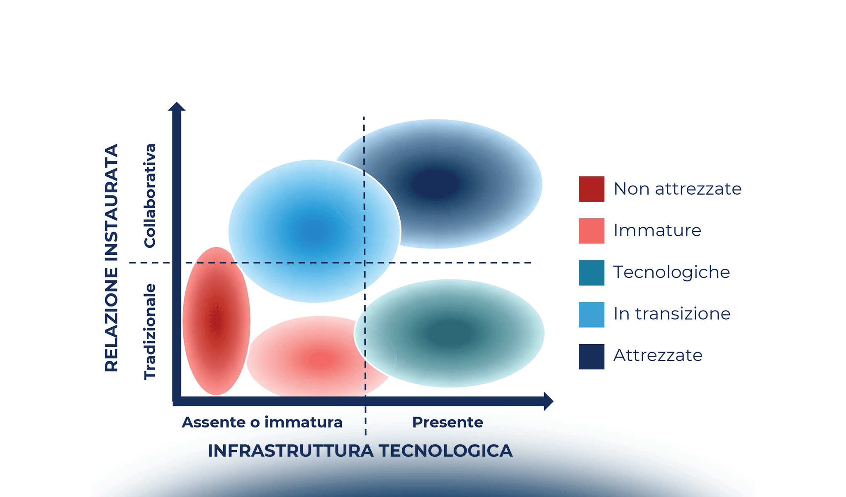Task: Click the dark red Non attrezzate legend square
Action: pos(591,189)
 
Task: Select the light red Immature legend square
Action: pos(591,231)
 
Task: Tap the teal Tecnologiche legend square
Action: pos(591,273)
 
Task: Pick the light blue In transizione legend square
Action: pos(591,314)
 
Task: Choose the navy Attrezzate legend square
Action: pos(591,356)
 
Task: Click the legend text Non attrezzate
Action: pos(677,189)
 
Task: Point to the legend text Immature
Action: pos(657,231)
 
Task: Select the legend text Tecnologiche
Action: pos(671,273)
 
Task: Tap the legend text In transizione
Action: pos(672,314)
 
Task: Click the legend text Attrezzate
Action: pos(658,355)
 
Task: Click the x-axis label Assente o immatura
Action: pos(262,422)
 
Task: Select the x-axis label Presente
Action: pos(447,422)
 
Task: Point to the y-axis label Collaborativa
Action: pos(150,195)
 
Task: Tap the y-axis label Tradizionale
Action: pos(150,331)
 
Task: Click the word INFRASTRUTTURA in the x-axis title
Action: pos(290,451)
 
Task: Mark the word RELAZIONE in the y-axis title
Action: pos(112,319)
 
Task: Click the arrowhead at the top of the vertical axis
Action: pos(177,106)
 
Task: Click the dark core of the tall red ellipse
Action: pos(216,320)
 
